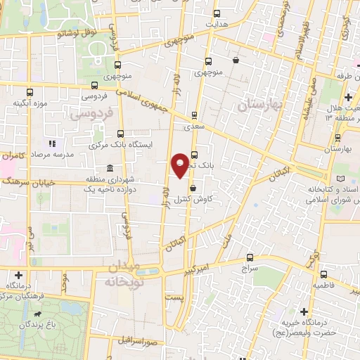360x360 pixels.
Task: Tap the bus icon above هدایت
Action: (x=217, y=13)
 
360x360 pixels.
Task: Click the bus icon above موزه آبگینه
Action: (x=30, y=92)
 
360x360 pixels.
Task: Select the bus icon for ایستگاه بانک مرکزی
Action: (x=121, y=133)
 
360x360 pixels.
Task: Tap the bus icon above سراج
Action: (x=250, y=257)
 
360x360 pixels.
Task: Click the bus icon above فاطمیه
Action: (x=323, y=275)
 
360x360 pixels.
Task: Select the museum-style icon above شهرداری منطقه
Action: (x=109, y=168)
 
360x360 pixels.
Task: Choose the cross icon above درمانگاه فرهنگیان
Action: (x=18, y=275)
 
